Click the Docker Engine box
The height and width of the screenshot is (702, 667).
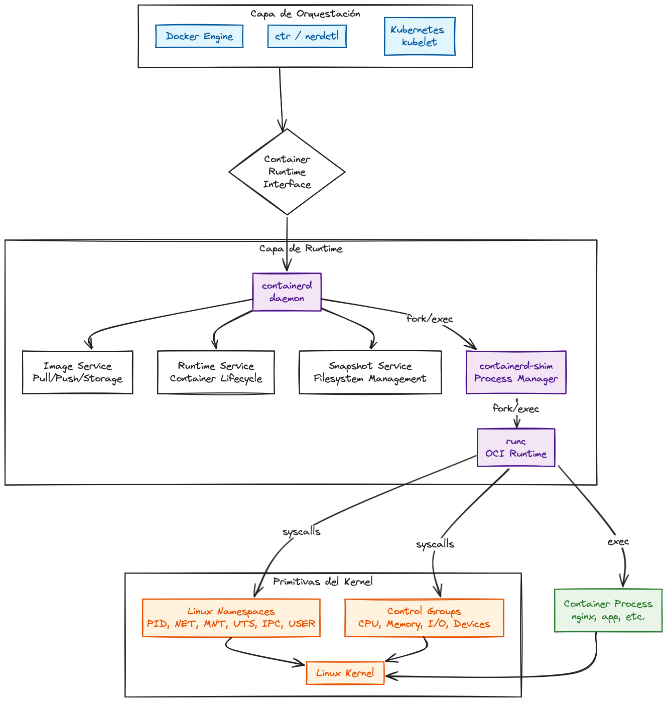(199, 37)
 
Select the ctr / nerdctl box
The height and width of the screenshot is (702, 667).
(307, 37)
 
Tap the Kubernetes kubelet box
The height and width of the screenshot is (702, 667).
(419, 36)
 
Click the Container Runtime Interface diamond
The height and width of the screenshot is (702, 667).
(287, 172)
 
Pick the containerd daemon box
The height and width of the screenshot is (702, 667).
(287, 292)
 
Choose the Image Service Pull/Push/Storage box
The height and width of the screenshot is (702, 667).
(78, 372)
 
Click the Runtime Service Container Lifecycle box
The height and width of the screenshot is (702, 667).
(216, 372)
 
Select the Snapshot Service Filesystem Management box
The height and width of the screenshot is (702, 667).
(370, 372)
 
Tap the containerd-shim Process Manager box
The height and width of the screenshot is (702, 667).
(515, 372)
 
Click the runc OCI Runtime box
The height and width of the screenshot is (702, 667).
(515, 448)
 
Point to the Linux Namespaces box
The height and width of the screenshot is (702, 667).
(231, 618)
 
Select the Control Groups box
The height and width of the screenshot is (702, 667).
(424, 618)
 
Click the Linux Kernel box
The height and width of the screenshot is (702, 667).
(345, 673)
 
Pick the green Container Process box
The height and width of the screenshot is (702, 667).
(608, 610)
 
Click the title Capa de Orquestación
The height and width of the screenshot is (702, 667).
(305, 14)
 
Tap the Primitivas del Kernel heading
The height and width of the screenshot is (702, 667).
(323, 582)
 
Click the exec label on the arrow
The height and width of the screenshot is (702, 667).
(618, 542)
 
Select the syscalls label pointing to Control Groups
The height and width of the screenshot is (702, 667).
(435, 544)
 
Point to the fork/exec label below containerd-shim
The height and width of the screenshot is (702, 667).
(515, 408)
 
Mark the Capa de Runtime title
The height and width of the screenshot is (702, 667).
(301, 248)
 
